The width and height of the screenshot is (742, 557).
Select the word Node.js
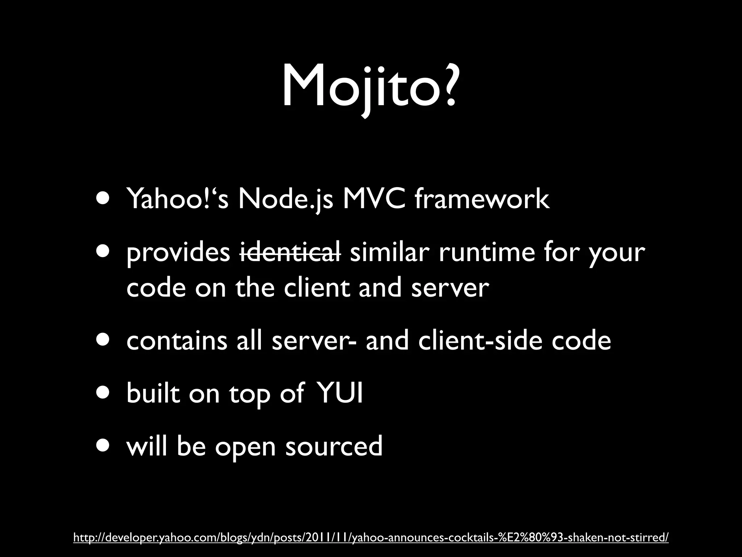pyautogui.click(x=285, y=200)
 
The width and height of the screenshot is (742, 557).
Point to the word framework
pyautogui.click(x=482, y=199)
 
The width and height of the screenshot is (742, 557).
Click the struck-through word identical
pyautogui.click(x=290, y=252)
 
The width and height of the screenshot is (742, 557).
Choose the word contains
pyautogui.click(x=176, y=341)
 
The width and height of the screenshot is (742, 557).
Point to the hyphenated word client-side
pyautogui.click(x=480, y=341)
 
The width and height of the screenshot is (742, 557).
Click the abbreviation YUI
pyautogui.click(x=340, y=393)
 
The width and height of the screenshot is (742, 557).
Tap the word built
pyautogui.click(x=153, y=393)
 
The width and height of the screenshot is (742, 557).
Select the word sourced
pyautogui.click(x=334, y=446)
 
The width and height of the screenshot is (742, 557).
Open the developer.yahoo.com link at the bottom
pyautogui.click(x=371, y=537)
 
